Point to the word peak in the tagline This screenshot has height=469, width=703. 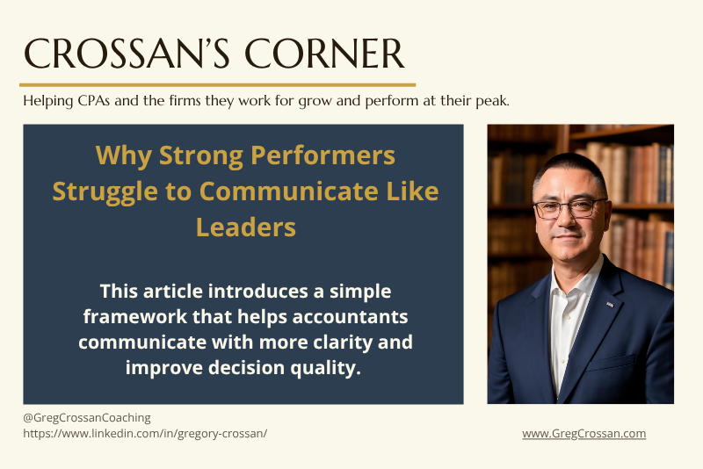point(492,101)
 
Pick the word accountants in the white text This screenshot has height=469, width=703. point(349,316)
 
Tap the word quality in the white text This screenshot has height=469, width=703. point(323,367)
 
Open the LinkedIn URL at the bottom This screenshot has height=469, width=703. point(145,433)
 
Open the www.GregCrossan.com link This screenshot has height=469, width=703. point(583,433)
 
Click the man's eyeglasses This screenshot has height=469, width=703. point(569,210)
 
